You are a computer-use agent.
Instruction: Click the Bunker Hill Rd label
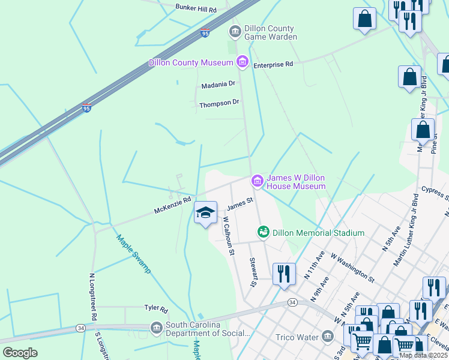pyautogui.click(x=195, y=7)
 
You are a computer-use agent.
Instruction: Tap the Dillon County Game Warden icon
pyautogui.click(x=235, y=30)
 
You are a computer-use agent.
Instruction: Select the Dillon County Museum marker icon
pyautogui.click(x=242, y=61)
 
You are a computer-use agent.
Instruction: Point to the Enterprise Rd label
pyautogui.click(x=273, y=64)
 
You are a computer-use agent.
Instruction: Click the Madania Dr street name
pyautogui.click(x=218, y=85)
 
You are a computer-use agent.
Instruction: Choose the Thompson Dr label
pyautogui.click(x=219, y=103)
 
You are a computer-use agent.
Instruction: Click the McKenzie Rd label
pyautogui.click(x=172, y=206)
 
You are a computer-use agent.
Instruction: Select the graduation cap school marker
pyautogui.click(x=205, y=212)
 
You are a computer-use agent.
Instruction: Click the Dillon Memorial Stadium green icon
pyautogui.click(x=263, y=232)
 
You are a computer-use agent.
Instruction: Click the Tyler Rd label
pyautogui.click(x=156, y=308)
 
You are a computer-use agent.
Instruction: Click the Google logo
pyautogui.click(x=20, y=353)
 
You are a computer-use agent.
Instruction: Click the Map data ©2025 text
pyautogui.click(x=423, y=355)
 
